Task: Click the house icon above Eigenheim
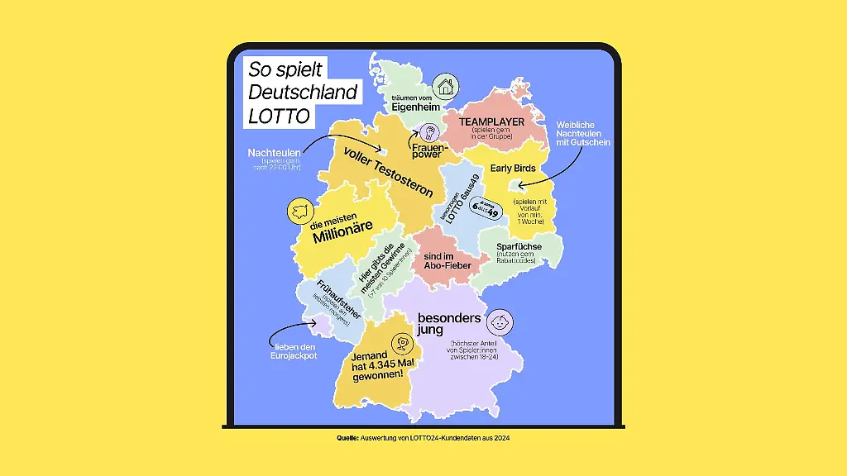(446, 85)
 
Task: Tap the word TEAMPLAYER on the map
(492, 121)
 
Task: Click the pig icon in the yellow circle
(299, 211)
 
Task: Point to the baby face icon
(499, 321)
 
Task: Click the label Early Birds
(514, 168)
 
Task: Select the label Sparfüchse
(519, 246)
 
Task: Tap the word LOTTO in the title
(279, 117)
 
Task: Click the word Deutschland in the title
(304, 92)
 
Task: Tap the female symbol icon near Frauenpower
(428, 131)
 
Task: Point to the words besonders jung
(449, 322)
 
